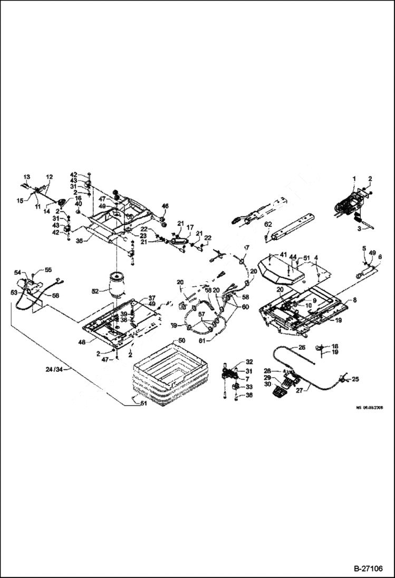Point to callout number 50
tap(181, 341)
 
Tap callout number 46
tap(165, 205)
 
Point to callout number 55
tap(49, 269)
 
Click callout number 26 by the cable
tap(302, 347)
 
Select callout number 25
tap(355, 379)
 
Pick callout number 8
tap(354, 300)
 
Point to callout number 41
tap(283, 255)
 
